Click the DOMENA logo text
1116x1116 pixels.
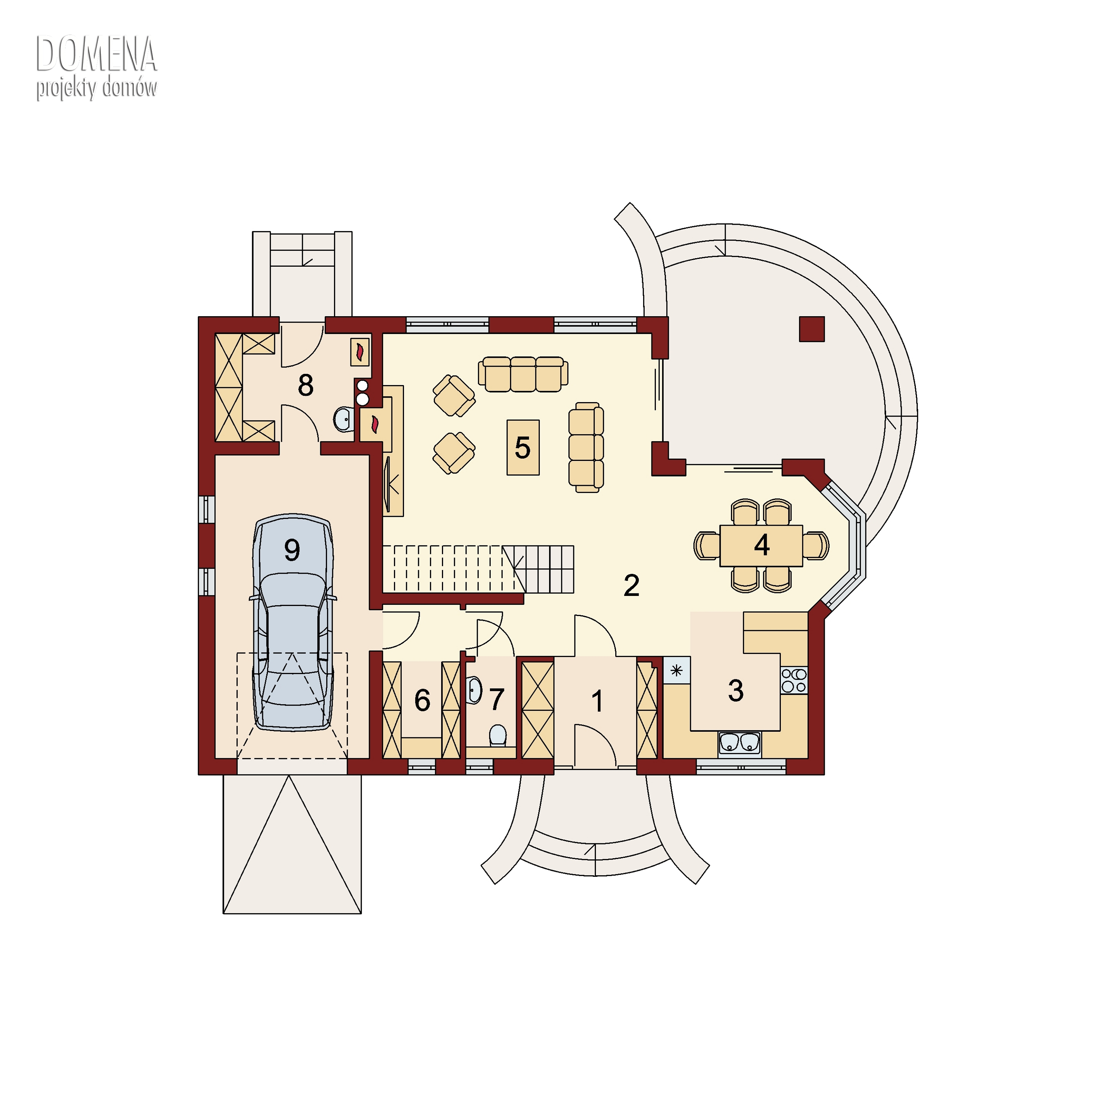tap(96, 54)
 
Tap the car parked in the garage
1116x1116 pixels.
tap(293, 623)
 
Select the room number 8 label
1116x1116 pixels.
tap(305, 385)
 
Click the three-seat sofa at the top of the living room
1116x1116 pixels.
tap(523, 374)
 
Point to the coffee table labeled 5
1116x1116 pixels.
tap(523, 448)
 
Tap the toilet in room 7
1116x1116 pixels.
tap(498, 736)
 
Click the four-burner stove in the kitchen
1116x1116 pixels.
tap(794, 680)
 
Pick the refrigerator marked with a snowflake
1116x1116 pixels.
tap(676, 671)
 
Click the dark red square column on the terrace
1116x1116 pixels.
tap(812, 329)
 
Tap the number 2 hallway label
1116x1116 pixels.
tap(631, 586)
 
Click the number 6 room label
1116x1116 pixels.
tap(422, 701)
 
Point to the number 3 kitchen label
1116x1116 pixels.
tap(735, 690)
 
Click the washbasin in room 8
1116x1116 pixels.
tap(344, 419)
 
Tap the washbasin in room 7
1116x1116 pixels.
tap(474, 690)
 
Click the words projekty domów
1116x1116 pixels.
tap(96, 89)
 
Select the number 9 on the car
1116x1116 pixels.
tap(292, 549)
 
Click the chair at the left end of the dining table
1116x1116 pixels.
tap(706, 545)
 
